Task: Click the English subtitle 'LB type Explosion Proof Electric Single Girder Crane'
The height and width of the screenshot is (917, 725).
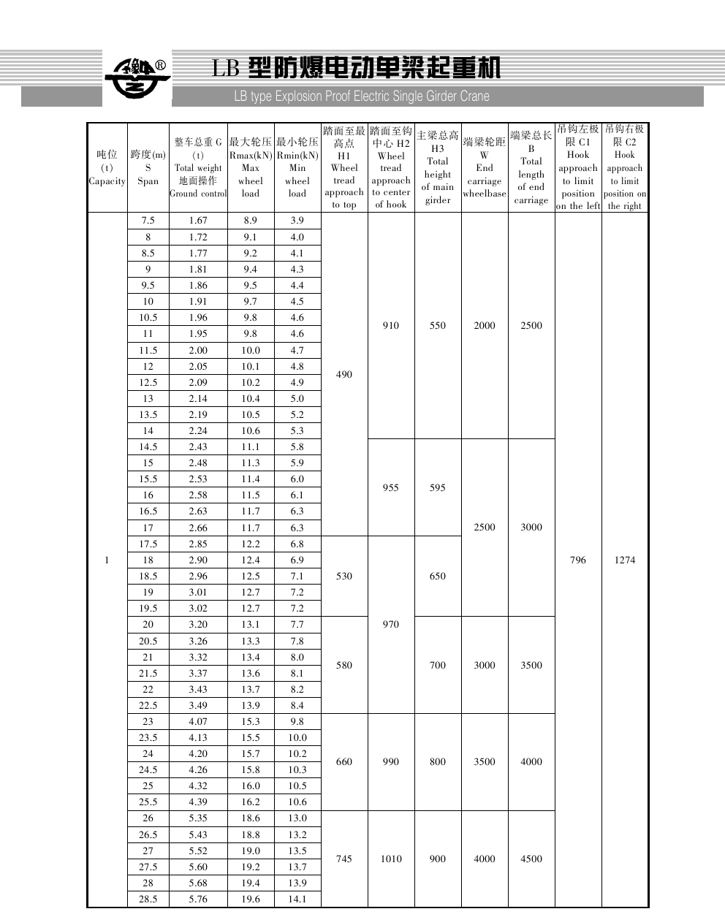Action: point(361,96)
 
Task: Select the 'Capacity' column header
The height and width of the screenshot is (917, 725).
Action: point(107,168)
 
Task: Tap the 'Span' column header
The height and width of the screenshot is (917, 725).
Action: point(148,168)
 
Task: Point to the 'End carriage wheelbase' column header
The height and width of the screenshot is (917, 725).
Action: point(484,167)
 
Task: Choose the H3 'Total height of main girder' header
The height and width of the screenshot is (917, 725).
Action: point(438,167)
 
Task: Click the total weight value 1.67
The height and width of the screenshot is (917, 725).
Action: point(197,221)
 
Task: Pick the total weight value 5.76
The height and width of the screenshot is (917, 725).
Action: point(197,899)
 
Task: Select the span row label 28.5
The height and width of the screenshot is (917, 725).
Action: point(148,899)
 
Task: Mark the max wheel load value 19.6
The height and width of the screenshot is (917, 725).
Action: point(250,899)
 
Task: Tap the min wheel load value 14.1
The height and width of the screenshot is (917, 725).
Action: point(297,899)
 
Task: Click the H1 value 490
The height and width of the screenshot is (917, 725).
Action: point(343,374)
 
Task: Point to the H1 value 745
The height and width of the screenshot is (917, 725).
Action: point(343,859)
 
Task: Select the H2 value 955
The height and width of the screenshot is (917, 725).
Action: point(390,487)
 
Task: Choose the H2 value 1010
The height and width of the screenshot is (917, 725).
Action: point(390,859)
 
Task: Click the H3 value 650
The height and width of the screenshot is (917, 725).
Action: point(437,576)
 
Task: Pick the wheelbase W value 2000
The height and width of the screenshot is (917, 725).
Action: point(484,326)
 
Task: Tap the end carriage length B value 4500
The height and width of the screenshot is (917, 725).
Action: point(531,859)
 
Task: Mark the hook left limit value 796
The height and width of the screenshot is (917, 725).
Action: point(577,560)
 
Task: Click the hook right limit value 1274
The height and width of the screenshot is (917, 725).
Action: point(624,560)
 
